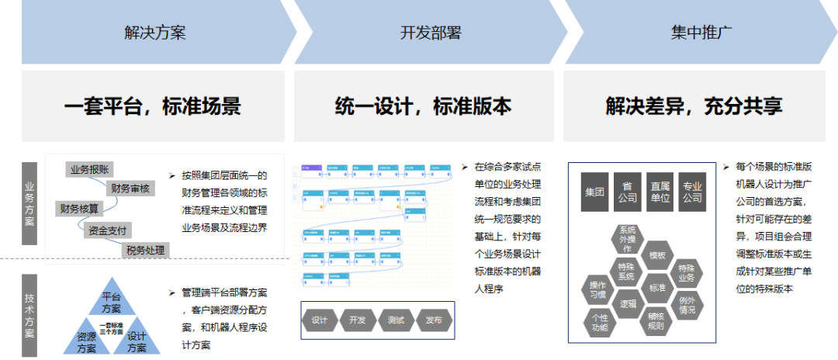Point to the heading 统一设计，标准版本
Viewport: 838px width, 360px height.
click(424, 106)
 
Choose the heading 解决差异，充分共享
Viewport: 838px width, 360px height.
click(694, 106)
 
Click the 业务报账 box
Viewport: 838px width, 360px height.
click(92, 169)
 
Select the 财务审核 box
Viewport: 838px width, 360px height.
click(130, 189)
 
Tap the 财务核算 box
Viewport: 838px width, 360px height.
click(79, 208)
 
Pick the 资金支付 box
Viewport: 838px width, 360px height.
click(109, 230)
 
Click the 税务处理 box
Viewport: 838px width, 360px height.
click(146, 250)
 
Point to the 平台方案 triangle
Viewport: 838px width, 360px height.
click(111, 302)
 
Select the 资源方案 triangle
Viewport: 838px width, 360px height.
click(86, 341)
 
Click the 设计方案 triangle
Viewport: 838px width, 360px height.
click(137, 341)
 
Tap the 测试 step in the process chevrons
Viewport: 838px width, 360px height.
click(396, 320)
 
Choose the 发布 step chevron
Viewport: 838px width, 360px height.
click(434, 320)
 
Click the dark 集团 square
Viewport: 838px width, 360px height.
click(595, 192)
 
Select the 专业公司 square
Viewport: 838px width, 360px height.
click(691, 192)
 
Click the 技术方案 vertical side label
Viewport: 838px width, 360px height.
click(29, 310)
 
